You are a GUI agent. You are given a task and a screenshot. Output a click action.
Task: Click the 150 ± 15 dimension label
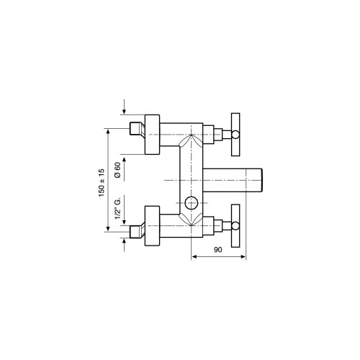pyautogui.click(x=102, y=183)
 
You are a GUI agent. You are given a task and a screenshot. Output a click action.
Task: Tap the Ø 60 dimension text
pyautogui.click(x=117, y=170)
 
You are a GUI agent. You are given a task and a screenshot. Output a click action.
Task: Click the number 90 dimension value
pyautogui.click(x=218, y=250)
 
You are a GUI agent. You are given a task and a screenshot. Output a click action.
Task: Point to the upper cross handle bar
pyautogui.click(x=235, y=135)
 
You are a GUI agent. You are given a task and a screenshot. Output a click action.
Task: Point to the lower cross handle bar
pyautogui.click(x=235, y=226)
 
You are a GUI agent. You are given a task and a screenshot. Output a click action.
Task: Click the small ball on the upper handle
pyautogui.click(x=235, y=135)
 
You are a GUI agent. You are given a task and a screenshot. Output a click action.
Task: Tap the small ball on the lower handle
pyautogui.click(x=235, y=225)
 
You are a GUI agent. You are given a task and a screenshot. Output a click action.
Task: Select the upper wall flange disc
pyautogui.click(x=153, y=135)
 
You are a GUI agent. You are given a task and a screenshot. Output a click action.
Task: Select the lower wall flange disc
pyautogui.click(x=153, y=226)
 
